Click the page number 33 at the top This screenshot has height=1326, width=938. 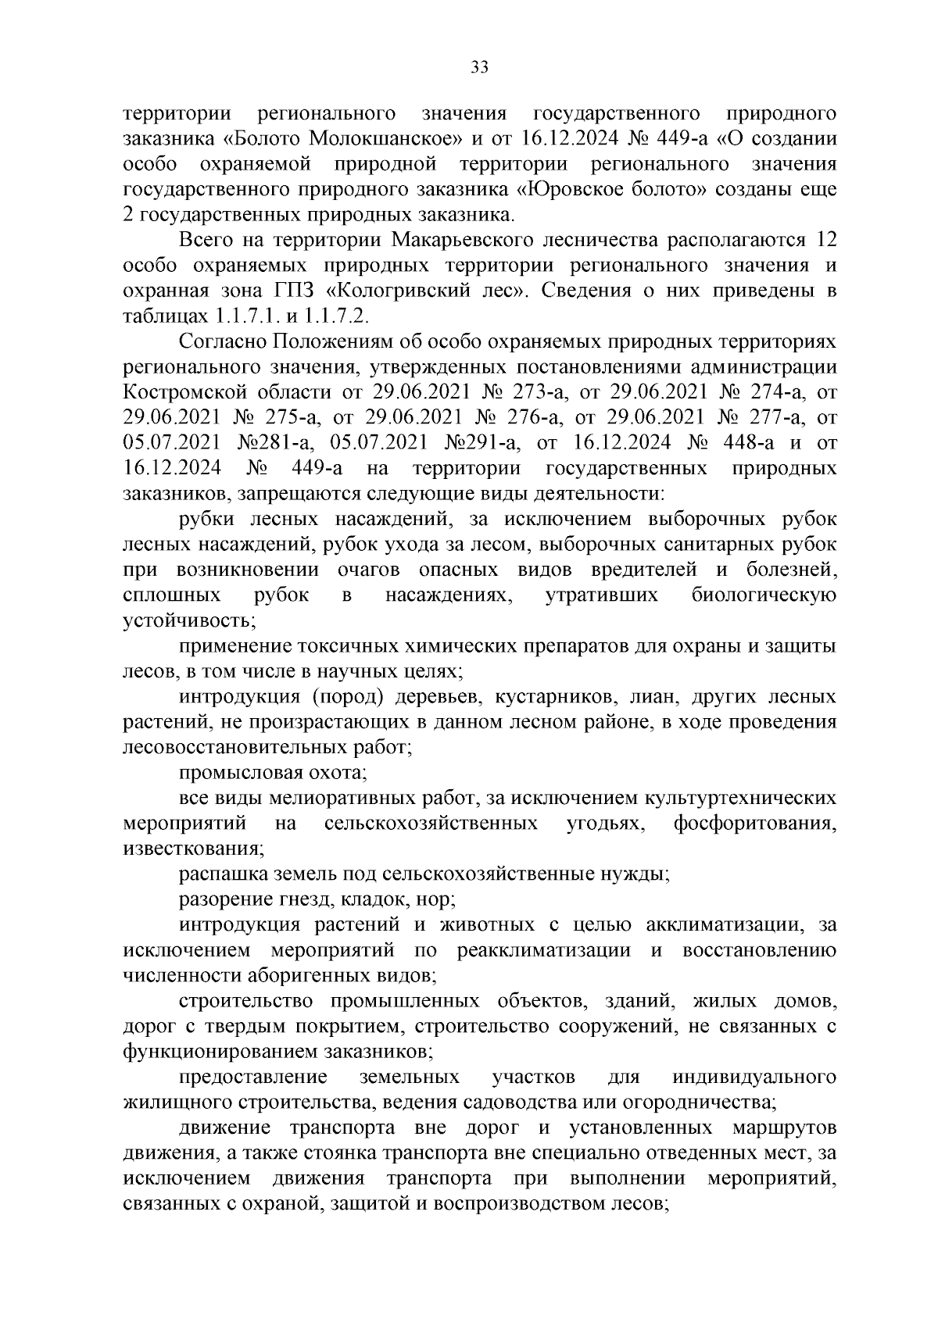pos(479,68)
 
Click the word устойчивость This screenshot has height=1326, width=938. pos(188,621)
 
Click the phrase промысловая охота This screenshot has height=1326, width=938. pos(274,772)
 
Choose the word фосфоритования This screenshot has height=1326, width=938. pos(755,823)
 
